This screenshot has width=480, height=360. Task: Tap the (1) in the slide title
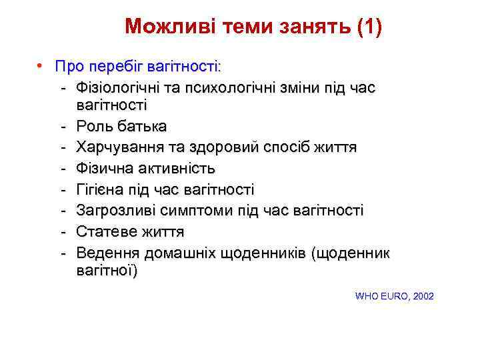(370, 27)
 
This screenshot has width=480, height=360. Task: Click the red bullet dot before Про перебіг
(41, 67)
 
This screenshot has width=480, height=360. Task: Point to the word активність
(175, 169)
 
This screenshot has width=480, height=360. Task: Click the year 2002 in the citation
(423, 295)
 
